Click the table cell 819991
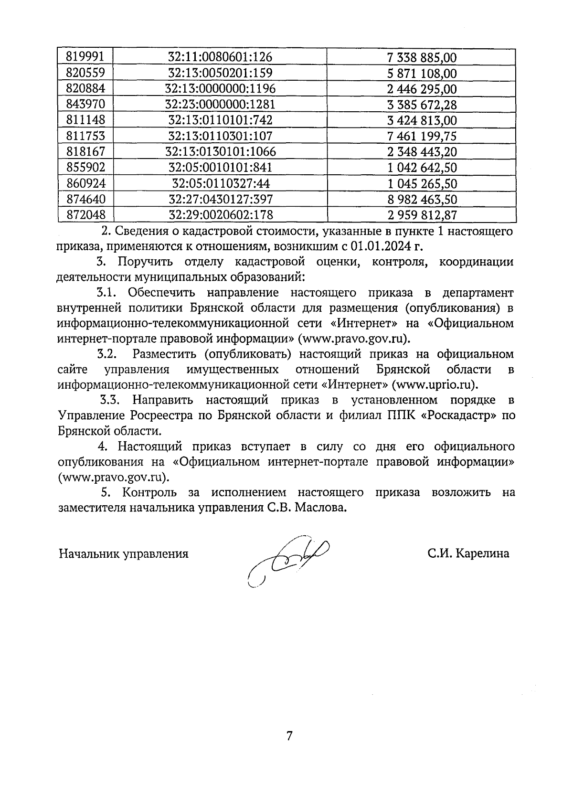point(85,57)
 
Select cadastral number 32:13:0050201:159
point(220,73)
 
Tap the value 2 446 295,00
point(422,89)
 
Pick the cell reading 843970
point(85,104)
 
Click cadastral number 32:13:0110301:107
point(220,136)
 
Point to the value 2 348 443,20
point(422,152)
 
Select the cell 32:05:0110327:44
point(220,183)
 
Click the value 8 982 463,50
point(422,199)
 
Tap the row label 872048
point(85,215)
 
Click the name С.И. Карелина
point(468,553)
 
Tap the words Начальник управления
point(123,554)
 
